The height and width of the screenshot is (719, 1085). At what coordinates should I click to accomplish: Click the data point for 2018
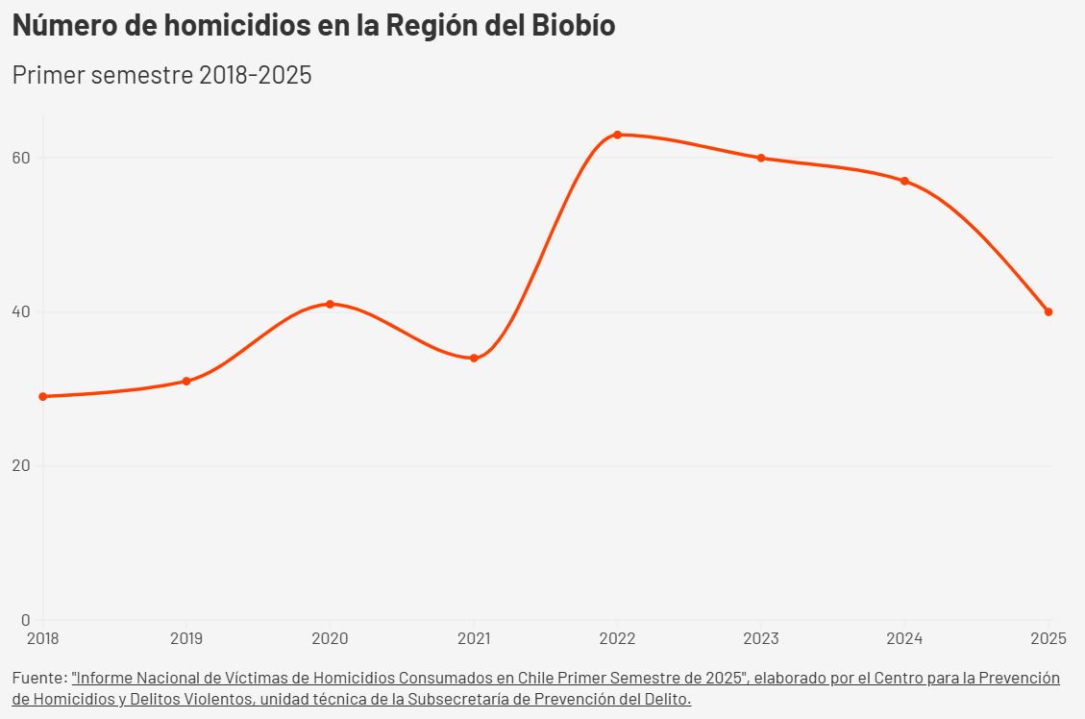pyautogui.click(x=43, y=396)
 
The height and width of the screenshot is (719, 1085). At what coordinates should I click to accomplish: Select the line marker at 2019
pyautogui.click(x=186, y=382)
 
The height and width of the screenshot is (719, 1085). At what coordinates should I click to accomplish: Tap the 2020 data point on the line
pyautogui.click(x=330, y=304)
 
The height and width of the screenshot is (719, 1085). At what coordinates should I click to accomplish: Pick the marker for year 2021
pyautogui.click(x=474, y=358)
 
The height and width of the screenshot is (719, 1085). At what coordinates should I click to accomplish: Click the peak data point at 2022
pyautogui.click(x=617, y=135)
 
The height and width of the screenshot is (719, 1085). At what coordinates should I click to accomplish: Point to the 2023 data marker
pyautogui.click(x=761, y=158)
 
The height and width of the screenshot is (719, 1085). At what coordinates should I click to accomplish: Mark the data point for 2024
pyautogui.click(x=904, y=181)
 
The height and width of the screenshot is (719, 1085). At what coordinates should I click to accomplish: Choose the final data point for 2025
pyautogui.click(x=1048, y=311)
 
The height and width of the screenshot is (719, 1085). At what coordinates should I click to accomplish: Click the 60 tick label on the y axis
pyautogui.click(x=22, y=158)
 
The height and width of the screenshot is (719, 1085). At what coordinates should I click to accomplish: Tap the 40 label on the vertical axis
pyautogui.click(x=22, y=311)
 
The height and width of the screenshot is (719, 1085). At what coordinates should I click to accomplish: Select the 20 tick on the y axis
pyautogui.click(x=22, y=466)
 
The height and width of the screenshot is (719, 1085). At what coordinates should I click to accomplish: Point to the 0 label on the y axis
pyautogui.click(x=27, y=620)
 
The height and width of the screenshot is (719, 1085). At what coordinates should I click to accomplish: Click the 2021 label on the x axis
pyautogui.click(x=474, y=638)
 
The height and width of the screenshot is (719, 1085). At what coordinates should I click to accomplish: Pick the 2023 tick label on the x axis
pyautogui.click(x=761, y=638)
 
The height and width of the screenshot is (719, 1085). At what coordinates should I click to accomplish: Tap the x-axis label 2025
pyautogui.click(x=1048, y=638)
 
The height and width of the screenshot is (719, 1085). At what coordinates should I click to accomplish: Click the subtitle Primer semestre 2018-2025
pyautogui.click(x=161, y=75)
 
